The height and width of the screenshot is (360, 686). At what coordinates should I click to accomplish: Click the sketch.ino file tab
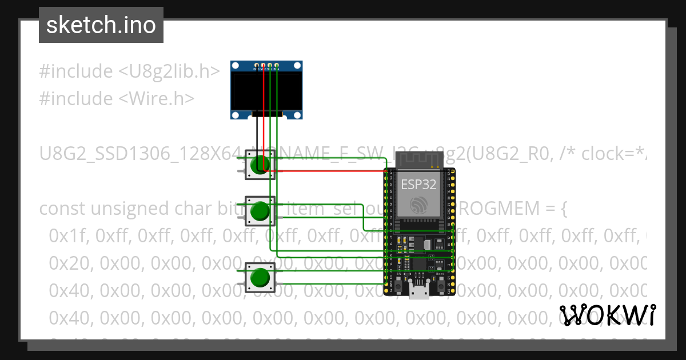101,25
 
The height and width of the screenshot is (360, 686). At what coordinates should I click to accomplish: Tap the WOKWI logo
607,315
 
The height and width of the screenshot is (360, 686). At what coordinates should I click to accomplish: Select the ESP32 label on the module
418,185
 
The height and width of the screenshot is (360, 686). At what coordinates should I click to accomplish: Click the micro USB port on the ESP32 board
420,292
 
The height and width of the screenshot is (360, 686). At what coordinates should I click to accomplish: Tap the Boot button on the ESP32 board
440,282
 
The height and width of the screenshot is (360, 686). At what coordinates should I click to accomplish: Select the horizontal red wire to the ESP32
326,170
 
